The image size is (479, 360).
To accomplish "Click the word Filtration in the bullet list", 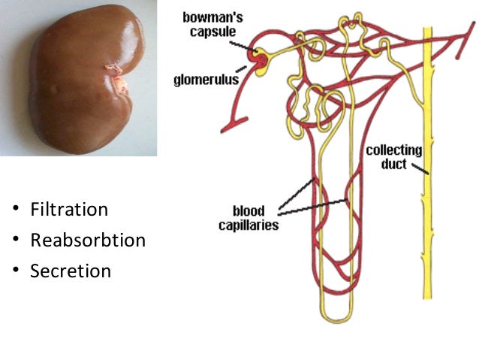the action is [69, 210].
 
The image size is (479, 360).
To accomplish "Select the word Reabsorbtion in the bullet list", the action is [88, 241].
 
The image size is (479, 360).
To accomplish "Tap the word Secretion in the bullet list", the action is [71, 271].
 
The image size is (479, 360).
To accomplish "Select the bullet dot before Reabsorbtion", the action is [16, 241].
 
